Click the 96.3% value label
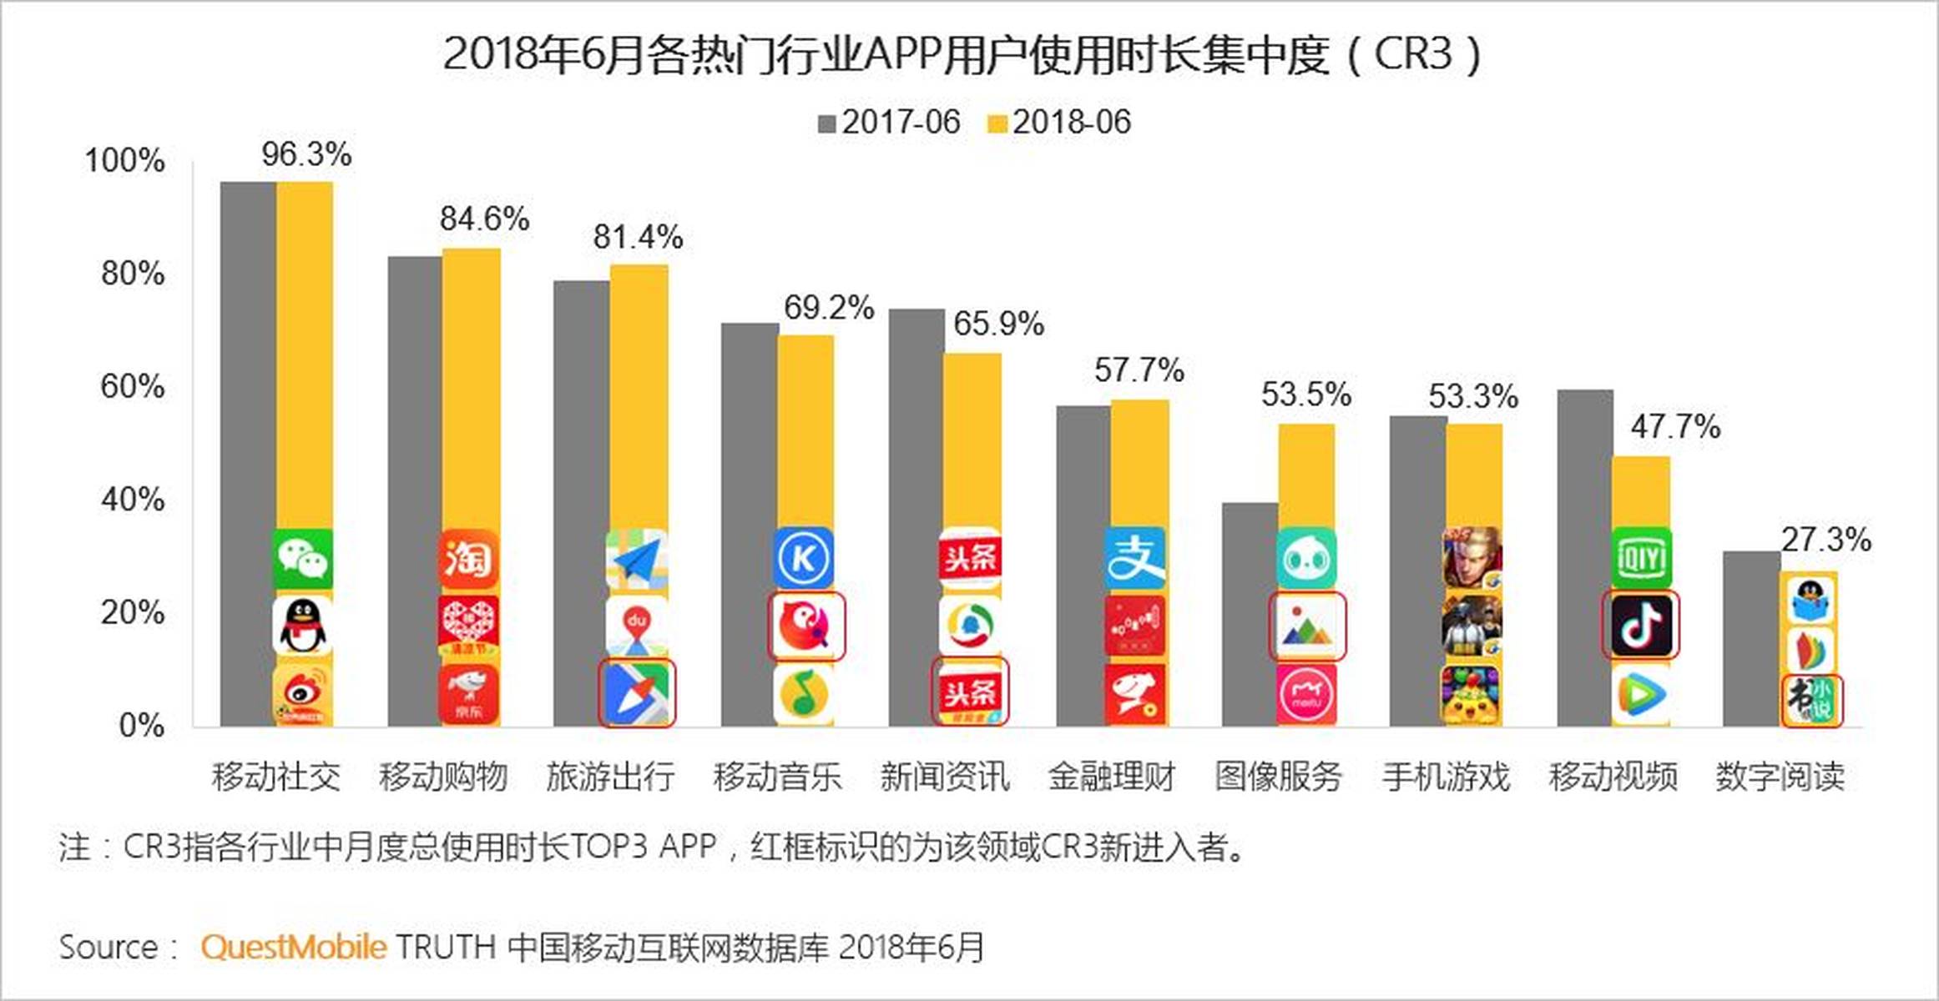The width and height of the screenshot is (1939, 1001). point(306,154)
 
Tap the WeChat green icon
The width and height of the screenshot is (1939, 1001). point(303,558)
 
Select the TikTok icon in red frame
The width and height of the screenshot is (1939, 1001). point(1640,626)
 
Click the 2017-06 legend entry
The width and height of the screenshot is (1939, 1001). point(890,123)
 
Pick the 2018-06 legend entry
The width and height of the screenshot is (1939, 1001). point(1060,123)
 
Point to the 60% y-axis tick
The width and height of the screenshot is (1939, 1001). point(133,387)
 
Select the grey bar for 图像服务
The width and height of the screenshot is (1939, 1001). point(1250,614)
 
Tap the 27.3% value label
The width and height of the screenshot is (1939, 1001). point(1825,540)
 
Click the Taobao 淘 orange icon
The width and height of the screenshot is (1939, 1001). point(469,558)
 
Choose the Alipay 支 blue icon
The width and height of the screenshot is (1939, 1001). point(1135,558)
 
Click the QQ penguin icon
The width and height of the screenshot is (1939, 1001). point(302,626)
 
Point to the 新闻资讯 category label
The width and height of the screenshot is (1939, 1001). point(944,777)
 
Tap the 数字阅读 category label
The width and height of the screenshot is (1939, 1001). point(1780,777)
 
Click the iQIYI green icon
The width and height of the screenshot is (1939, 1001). point(1641,558)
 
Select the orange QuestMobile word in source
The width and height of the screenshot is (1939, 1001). point(293,948)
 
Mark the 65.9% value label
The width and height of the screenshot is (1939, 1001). point(998,324)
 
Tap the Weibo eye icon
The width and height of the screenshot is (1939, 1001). point(302,694)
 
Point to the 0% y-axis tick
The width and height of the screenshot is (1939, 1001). point(141,726)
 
